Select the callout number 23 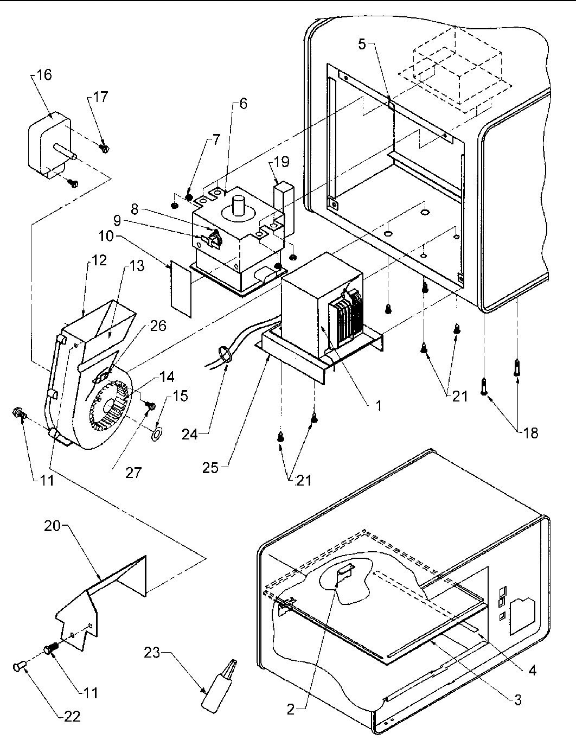(152, 652)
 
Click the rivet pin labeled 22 (19, 666)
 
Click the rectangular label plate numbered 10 (181, 289)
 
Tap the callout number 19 (281, 162)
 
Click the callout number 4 (532, 671)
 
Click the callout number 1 (379, 405)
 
